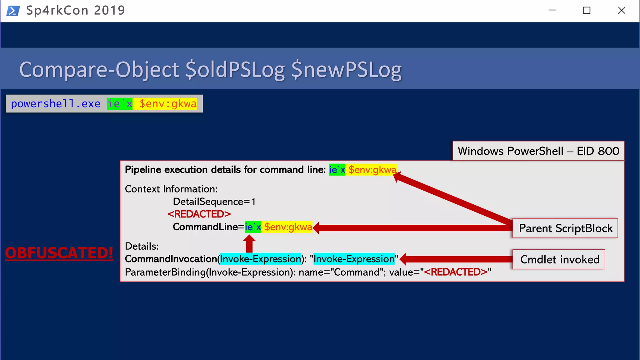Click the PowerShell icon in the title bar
13,11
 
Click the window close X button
621,11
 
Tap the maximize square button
587,11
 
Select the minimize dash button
552,11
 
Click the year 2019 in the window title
109,11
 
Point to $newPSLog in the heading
346,69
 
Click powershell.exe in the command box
56,104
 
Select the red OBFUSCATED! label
59,253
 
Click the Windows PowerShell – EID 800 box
538,151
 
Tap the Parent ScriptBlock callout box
565,228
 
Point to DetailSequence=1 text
214,202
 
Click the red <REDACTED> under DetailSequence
199,214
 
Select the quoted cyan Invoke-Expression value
354,259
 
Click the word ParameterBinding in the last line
165,272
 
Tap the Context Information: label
171,189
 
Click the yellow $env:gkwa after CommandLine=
288,227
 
